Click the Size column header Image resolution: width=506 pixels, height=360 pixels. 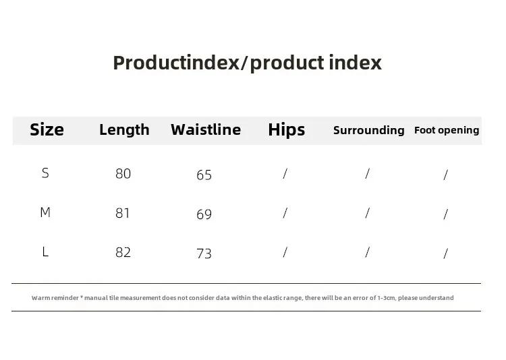[x=47, y=129]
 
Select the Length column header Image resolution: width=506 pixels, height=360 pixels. [x=124, y=130]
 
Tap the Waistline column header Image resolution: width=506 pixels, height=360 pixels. [x=206, y=129]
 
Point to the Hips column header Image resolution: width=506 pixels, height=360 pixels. [x=287, y=130]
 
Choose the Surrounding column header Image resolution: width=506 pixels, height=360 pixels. [x=369, y=130]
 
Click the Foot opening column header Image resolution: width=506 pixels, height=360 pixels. [x=447, y=130]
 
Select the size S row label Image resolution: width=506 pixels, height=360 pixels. [x=45, y=173]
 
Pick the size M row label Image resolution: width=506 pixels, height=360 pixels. [x=45, y=212]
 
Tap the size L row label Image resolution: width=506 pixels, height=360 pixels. [x=45, y=251]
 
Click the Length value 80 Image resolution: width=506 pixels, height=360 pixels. [x=123, y=174]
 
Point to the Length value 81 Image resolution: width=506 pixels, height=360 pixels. [x=123, y=213]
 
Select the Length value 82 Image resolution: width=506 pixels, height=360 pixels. [x=123, y=253]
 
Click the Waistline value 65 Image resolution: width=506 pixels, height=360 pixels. [x=204, y=175]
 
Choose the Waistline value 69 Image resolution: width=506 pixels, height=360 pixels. [x=204, y=214]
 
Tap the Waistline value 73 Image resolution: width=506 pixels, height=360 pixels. [x=204, y=254]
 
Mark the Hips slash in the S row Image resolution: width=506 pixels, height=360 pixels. [x=285, y=173]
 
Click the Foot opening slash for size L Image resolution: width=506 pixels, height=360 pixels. [x=446, y=253]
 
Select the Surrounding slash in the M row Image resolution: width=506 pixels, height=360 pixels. [x=367, y=213]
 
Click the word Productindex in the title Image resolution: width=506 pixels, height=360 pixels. [x=176, y=63]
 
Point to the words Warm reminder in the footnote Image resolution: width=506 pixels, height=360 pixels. [x=55, y=298]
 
